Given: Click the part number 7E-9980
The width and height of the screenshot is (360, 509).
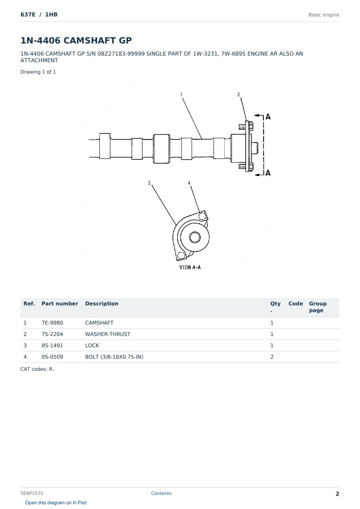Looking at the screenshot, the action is point(52,323).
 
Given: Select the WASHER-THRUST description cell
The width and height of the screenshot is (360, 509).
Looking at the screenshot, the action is point(108,334).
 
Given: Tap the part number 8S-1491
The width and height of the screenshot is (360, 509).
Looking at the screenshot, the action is point(52,345).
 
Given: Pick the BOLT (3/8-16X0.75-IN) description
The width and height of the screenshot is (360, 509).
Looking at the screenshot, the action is point(114,357).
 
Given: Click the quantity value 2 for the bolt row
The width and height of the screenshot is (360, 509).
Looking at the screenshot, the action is point(272,357).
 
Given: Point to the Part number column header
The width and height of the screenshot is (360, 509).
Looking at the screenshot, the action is point(60,303).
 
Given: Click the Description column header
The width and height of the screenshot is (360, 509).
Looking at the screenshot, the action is point(102,303).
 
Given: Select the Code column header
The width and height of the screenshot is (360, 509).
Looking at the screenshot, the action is point(295,303).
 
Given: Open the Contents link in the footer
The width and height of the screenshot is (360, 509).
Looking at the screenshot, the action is point(161,493).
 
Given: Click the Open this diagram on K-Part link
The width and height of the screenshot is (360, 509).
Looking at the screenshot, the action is point(56,503).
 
